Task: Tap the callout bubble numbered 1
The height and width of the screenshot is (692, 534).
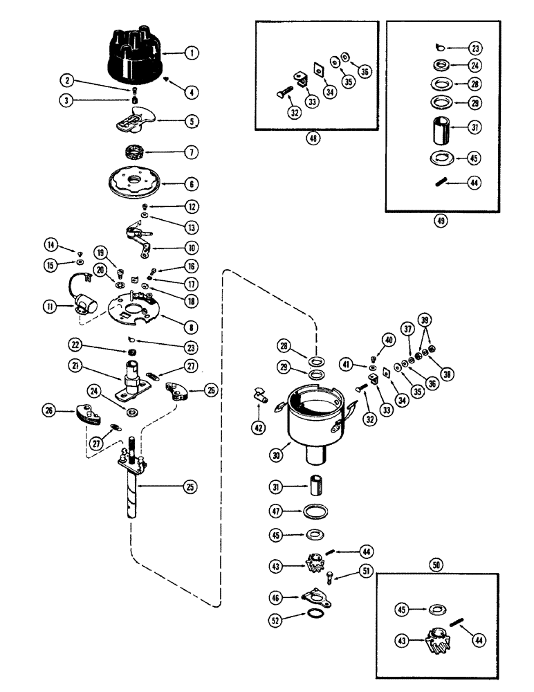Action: (191, 52)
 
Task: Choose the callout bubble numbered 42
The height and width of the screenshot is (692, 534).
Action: (257, 427)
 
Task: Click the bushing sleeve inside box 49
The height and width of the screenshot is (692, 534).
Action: (439, 129)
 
